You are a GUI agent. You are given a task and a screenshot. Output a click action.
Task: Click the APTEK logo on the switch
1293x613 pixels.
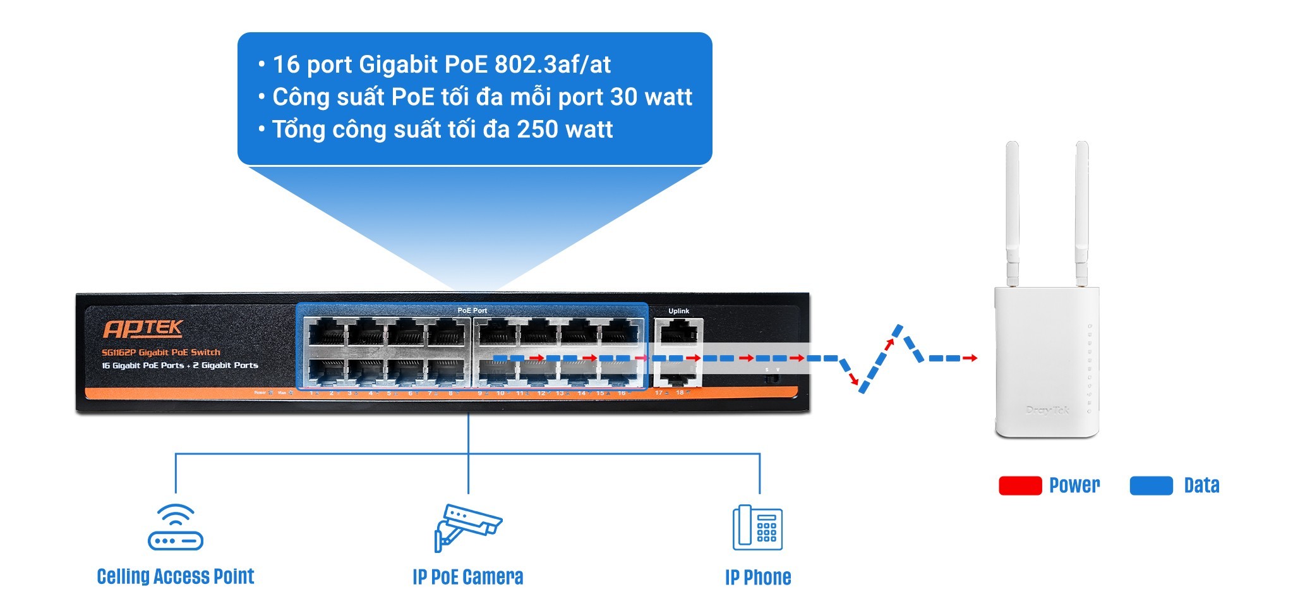click(x=143, y=329)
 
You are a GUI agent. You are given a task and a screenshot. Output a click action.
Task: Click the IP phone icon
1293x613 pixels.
click(x=757, y=528)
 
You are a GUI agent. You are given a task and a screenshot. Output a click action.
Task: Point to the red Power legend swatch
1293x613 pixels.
click(x=1019, y=485)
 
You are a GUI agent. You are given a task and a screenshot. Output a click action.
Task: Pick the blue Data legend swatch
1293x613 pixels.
click(x=1151, y=485)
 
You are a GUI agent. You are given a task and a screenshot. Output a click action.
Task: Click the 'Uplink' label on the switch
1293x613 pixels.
click(x=678, y=311)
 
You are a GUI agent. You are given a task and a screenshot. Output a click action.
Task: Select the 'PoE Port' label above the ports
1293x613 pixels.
click(x=472, y=310)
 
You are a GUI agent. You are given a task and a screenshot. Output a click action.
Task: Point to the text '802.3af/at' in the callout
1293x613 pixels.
click(x=552, y=64)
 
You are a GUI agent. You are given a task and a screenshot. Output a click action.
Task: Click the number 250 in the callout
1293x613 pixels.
click(x=537, y=130)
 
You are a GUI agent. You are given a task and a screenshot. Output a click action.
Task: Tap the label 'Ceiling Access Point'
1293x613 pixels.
click(x=176, y=576)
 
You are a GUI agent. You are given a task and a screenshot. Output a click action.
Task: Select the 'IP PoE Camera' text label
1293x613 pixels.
click(x=467, y=577)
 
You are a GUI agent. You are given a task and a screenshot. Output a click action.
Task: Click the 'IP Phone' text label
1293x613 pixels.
click(x=758, y=577)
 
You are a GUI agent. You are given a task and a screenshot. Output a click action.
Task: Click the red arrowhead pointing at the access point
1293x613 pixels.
click(x=973, y=358)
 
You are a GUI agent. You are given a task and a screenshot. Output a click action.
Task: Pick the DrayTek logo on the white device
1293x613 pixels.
click(x=1047, y=410)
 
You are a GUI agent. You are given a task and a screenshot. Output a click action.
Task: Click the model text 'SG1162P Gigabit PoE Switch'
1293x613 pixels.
click(x=161, y=353)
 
